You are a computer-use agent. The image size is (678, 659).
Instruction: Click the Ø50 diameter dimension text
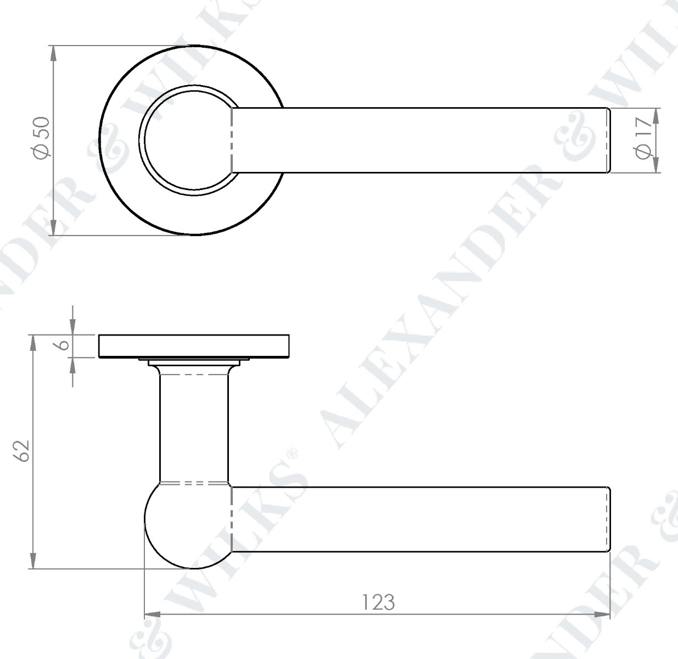click(42, 138)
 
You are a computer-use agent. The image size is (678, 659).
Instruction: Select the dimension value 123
click(378, 602)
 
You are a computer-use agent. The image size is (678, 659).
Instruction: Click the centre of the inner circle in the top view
click(187, 140)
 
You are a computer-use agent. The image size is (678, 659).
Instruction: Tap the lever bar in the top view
click(417, 140)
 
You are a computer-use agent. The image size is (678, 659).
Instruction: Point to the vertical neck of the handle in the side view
click(194, 428)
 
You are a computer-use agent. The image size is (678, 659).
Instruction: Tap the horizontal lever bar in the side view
click(417, 519)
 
